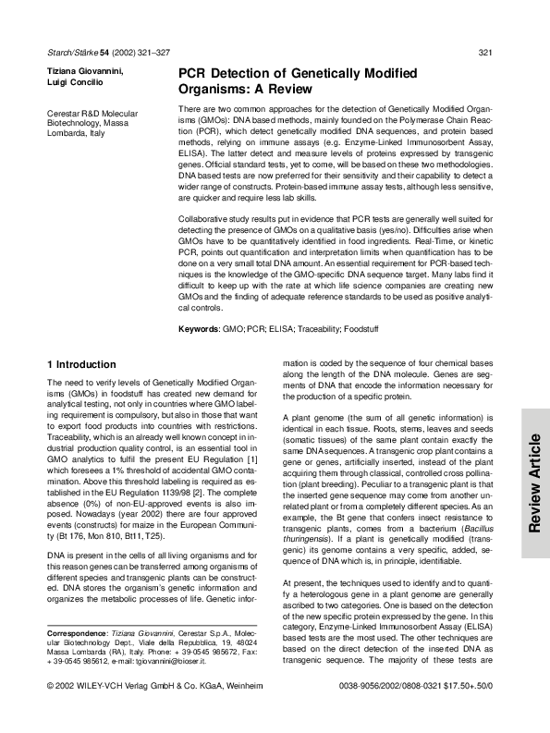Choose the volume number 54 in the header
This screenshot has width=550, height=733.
(105, 52)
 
